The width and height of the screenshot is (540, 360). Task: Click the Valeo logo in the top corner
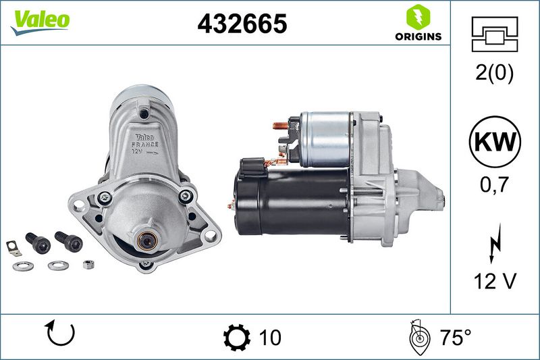40,22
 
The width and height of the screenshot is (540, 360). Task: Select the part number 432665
242,24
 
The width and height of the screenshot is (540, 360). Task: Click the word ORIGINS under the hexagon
418,36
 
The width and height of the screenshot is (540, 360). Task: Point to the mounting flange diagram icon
495,34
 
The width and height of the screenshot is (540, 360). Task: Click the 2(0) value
494,73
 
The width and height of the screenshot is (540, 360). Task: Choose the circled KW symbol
495,142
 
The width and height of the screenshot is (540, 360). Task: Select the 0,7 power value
494,184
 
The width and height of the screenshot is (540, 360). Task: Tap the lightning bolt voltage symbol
495,243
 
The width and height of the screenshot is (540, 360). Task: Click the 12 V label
495,281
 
